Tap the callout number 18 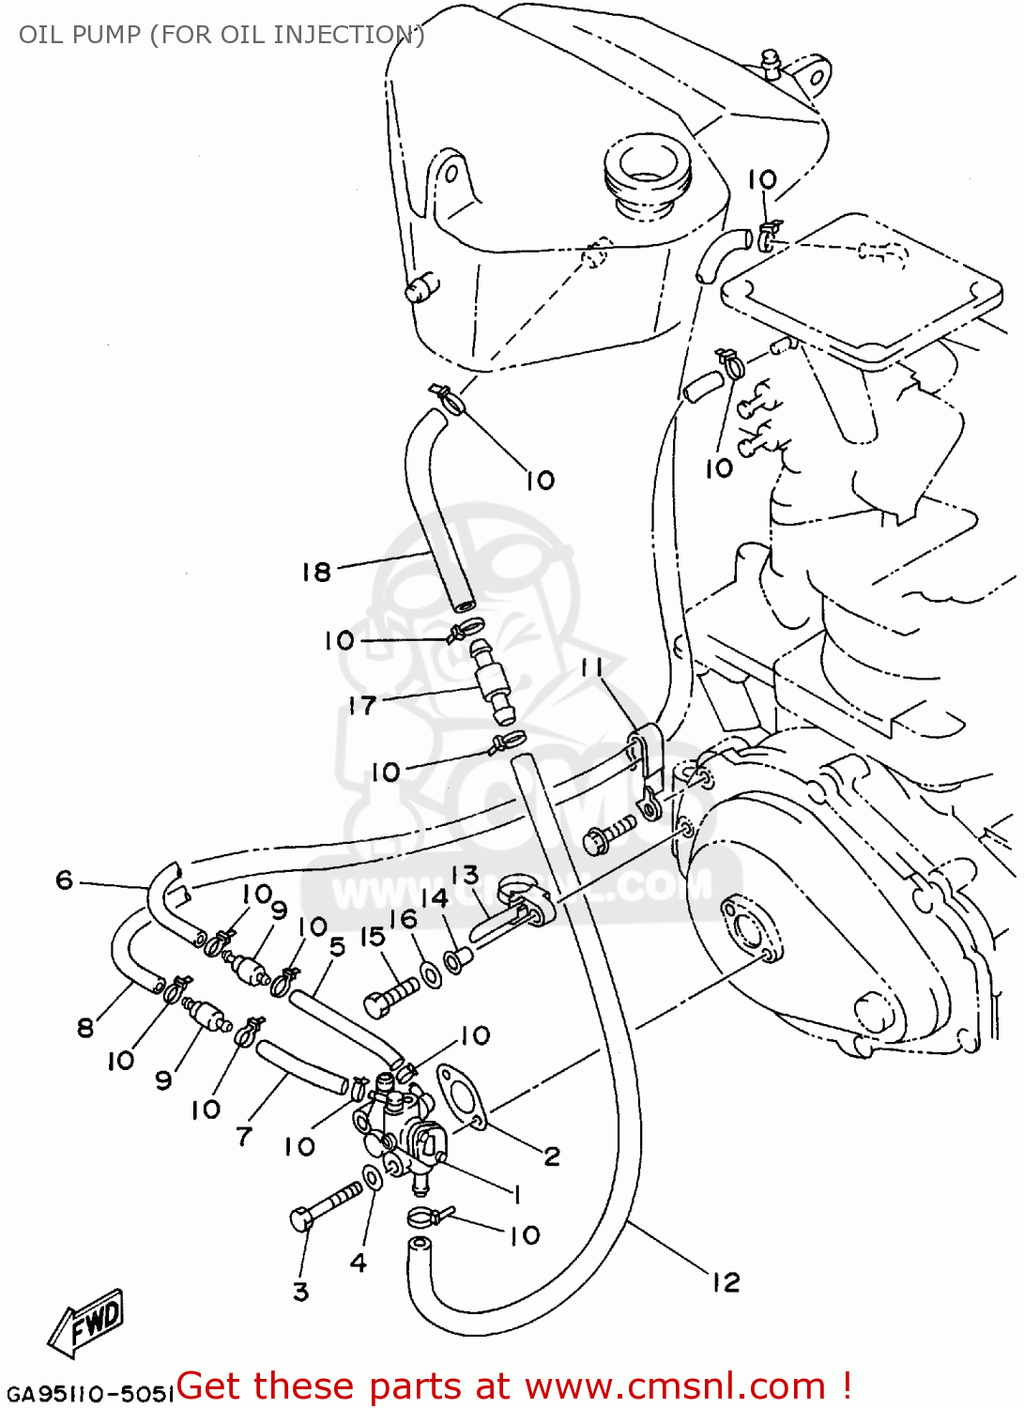pos(316,571)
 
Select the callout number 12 pos(726,1282)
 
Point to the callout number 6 pos(64,880)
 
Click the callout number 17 pos(362,705)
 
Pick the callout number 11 pos(592,667)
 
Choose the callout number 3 pos(300,1292)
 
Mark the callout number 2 pos(552,1155)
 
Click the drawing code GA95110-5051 pos(90,1393)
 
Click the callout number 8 pos(85,1028)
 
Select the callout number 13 pos(465,875)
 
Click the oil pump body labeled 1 pos(399,1126)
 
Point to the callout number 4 pos(359,1263)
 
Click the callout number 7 pos(244,1137)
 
